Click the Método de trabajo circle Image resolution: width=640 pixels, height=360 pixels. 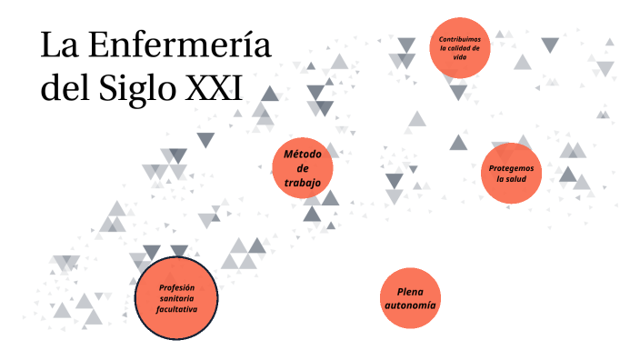(x=303, y=168)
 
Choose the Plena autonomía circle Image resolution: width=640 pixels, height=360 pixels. (x=410, y=298)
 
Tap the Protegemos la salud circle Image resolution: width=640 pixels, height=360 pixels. (x=511, y=173)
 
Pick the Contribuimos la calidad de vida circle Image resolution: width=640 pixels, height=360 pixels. (x=460, y=48)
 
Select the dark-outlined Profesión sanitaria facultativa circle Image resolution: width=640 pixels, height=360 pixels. (x=176, y=298)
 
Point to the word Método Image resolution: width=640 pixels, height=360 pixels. (x=303, y=154)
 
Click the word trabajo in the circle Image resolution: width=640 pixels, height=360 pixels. (x=303, y=182)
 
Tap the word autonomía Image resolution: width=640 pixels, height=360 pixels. (x=410, y=306)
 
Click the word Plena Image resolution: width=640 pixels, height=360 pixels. (x=410, y=291)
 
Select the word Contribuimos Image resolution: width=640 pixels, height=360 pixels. (x=460, y=39)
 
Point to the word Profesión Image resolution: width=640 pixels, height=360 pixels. (x=176, y=287)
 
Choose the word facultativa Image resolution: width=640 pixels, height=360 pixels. (x=176, y=309)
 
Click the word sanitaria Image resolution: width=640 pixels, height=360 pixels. (x=176, y=298)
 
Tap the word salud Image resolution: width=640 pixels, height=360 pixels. (x=516, y=179)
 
